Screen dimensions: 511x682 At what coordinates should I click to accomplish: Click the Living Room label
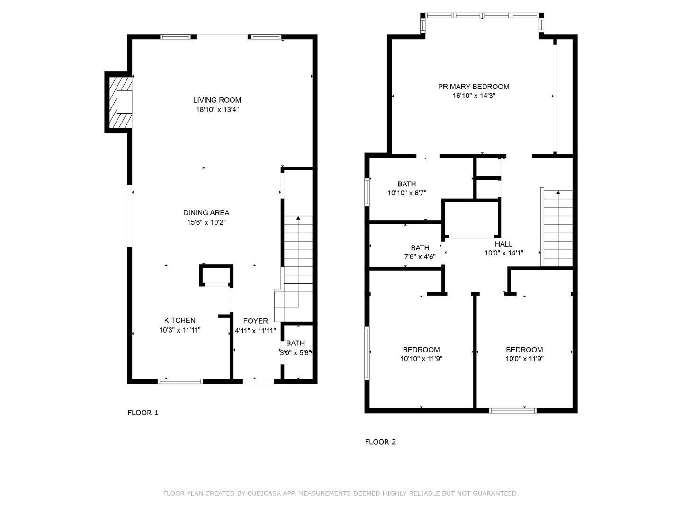217,100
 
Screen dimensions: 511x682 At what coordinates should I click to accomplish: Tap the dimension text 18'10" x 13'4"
217,110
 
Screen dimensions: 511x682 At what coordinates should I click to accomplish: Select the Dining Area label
206,213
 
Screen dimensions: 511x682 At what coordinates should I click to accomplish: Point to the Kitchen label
179,320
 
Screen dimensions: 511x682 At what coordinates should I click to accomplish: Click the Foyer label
255,321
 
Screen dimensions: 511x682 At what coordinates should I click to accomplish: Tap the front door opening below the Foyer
259,380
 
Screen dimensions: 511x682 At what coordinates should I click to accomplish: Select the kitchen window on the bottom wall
180,381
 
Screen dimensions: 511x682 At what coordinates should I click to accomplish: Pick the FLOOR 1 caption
143,413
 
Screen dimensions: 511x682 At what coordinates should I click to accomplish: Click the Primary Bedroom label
473,87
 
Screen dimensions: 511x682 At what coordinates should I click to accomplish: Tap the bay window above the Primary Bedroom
482,16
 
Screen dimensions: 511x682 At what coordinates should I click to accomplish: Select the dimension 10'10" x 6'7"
407,193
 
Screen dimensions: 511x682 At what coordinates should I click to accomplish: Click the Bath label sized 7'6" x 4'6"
420,247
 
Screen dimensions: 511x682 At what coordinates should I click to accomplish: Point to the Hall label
503,244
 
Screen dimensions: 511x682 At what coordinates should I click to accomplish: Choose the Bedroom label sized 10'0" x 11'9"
524,350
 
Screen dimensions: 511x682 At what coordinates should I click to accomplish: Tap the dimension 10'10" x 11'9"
421,359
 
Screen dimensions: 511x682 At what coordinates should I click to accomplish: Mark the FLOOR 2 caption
380,442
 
